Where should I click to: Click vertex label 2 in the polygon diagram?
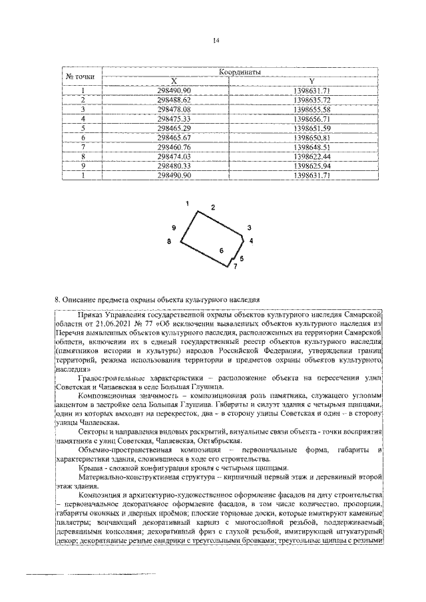(x=213, y=208)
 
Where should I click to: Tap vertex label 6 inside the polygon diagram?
(x=221, y=251)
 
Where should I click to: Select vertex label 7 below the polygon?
(x=234, y=266)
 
